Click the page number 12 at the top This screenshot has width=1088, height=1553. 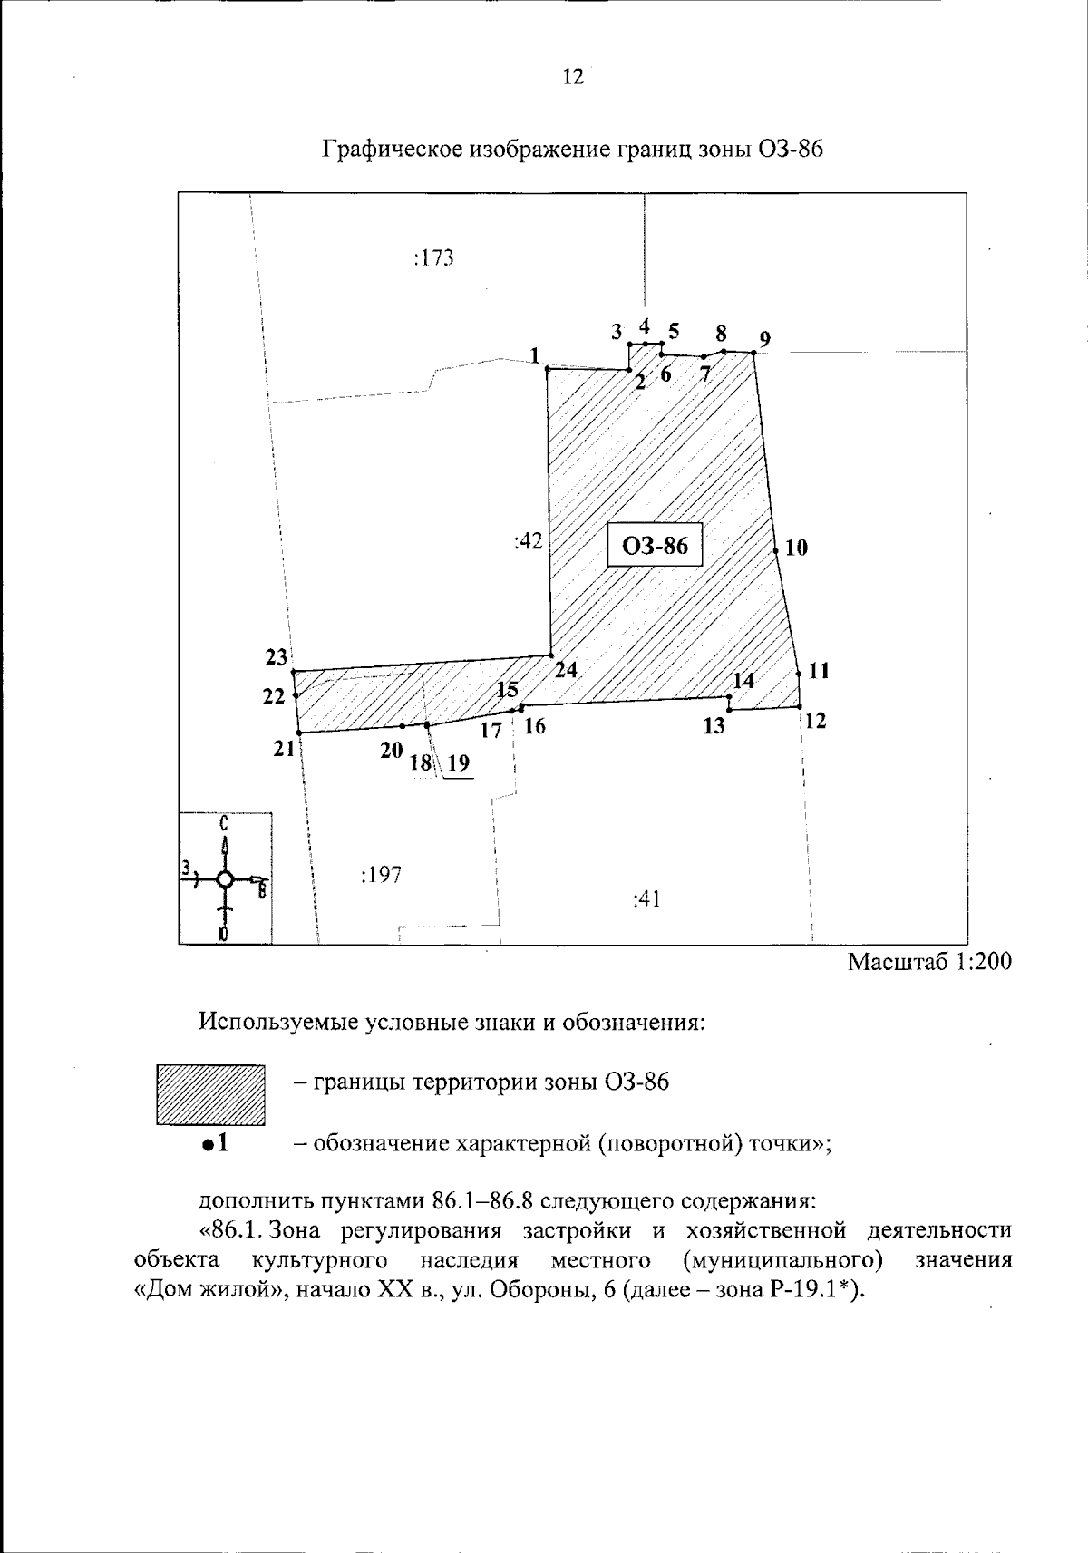coord(572,77)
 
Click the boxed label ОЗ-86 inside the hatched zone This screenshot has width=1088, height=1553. coord(655,545)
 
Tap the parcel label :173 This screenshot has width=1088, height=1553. coord(433,258)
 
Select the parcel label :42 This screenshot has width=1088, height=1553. coord(528,541)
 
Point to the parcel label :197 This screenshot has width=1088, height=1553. coord(381,875)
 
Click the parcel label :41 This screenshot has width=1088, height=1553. coord(646,898)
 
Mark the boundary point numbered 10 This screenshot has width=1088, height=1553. coord(796,548)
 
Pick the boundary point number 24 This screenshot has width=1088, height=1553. coord(566,670)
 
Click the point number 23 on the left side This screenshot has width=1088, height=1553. coord(277,657)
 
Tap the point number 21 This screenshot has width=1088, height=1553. coord(284,749)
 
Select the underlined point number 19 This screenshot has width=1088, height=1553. coord(459,763)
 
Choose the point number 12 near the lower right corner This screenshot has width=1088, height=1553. coord(815,722)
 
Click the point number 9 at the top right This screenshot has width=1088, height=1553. coord(765,340)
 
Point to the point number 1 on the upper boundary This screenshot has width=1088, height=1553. coord(535,354)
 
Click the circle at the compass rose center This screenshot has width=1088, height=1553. coord(226,879)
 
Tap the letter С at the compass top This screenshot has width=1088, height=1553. coord(224,823)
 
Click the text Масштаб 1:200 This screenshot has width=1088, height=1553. coord(928,962)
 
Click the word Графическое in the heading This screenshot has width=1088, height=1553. coord(392,150)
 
